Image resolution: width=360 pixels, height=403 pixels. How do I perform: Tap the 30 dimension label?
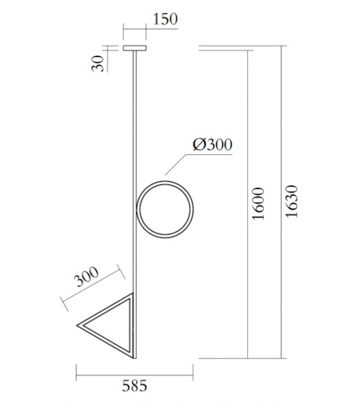click(98, 63)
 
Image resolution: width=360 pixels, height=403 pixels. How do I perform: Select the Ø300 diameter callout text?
click(212, 144)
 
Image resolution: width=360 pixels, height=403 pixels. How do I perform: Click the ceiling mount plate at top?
click(134, 48)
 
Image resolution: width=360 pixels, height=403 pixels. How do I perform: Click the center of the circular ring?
click(166, 208)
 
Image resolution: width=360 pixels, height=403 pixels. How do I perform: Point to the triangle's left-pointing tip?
click(78, 325)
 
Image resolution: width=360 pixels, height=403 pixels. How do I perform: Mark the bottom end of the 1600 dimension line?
click(249, 356)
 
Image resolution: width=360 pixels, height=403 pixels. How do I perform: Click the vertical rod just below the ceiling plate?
click(134, 69)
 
